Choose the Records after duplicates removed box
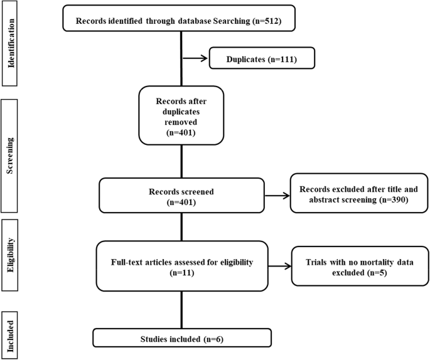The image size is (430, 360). [x=180, y=115]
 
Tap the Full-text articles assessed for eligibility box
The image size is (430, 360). [x=181, y=268]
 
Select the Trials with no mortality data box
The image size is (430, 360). [x=355, y=268]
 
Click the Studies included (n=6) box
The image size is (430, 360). [x=182, y=337]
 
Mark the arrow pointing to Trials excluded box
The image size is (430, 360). [x=278, y=268]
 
